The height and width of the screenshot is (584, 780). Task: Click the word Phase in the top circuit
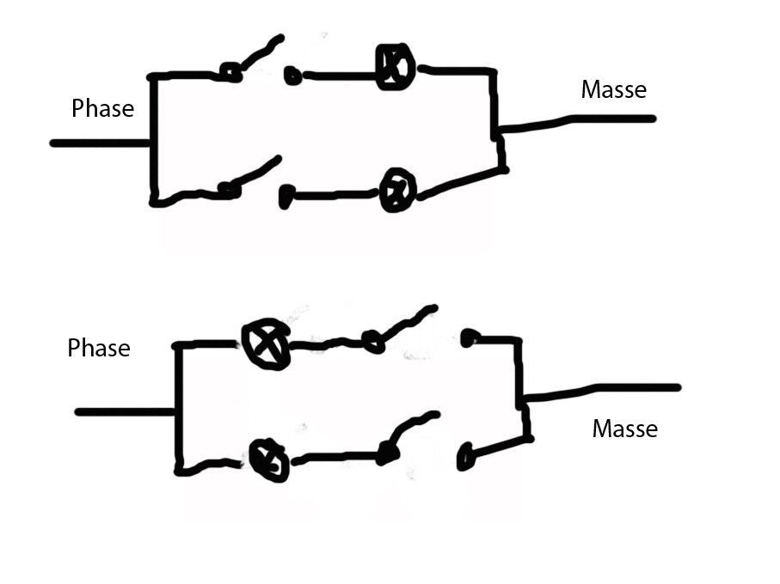(103, 109)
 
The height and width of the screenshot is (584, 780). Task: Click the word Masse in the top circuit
(613, 89)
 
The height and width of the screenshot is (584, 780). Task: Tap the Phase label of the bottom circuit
(99, 349)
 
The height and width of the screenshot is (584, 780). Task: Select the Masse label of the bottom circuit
(624, 429)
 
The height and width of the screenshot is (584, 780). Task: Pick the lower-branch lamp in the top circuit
(398, 191)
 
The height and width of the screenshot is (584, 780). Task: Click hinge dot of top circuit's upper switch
(230, 72)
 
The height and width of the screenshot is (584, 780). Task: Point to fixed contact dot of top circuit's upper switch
(292, 76)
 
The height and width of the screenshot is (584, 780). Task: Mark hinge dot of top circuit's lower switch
(228, 190)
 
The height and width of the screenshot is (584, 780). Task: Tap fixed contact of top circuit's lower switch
(286, 198)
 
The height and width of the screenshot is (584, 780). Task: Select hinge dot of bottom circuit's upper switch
(372, 342)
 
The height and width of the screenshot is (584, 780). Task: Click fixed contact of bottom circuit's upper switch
(468, 338)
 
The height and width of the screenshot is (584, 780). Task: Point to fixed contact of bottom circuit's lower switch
(465, 456)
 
